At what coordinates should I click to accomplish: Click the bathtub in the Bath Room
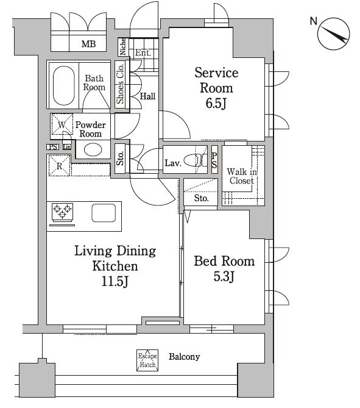64,85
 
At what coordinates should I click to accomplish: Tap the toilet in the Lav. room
195,160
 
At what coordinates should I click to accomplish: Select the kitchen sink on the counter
104,213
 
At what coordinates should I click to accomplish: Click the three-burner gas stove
62,212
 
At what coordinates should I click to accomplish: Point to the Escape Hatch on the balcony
147,360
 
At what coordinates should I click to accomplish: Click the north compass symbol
334,34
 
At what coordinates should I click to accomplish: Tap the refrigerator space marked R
60,165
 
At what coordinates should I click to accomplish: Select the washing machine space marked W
62,124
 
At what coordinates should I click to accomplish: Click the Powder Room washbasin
93,150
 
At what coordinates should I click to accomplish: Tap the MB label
89,44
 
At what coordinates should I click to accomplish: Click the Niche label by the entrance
122,46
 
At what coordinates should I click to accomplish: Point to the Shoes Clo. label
120,84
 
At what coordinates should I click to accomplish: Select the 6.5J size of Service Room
216,103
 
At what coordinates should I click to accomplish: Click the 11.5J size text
115,281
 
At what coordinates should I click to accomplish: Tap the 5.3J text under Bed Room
224,276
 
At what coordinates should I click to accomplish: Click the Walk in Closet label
242,176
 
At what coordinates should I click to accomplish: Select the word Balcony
185,357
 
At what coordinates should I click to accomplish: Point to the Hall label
147,96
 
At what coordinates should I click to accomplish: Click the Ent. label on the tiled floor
143,52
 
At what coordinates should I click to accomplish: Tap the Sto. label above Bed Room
201,198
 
